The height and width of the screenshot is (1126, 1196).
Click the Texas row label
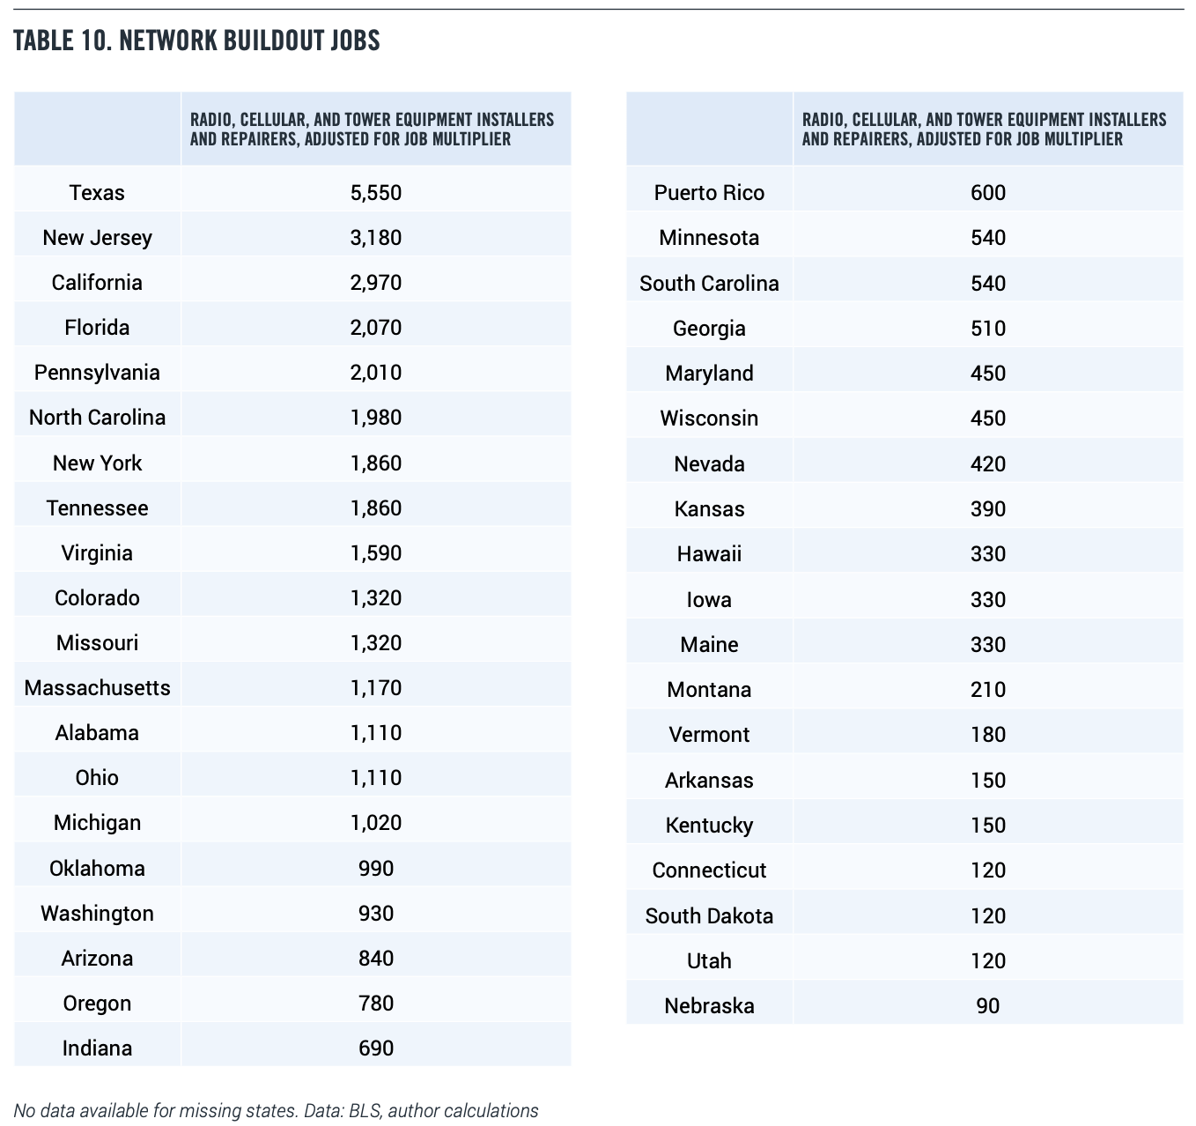coord(97,193)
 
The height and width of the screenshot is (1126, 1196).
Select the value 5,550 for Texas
coord(376,193)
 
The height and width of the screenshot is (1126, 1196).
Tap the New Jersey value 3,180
coord(376,237)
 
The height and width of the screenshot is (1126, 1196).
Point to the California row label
coord(97,283)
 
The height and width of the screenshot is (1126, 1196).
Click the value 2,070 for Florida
coord(376,328)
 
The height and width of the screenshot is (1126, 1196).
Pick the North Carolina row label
coord(97,418)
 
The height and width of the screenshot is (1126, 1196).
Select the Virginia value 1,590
coord(376,553)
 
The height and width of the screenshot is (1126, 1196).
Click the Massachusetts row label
coord(97,688)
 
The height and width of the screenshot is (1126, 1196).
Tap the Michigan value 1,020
coord(376,823)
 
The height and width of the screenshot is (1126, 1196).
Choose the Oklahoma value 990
coord(376,869)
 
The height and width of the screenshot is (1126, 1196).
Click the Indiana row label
coord(97,1048)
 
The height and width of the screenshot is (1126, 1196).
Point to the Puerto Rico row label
coord(710,193)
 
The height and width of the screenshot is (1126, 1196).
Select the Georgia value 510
coord(988,329)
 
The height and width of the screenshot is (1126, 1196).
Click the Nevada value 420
coord(988,464)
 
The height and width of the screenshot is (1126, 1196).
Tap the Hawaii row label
coord(710,553)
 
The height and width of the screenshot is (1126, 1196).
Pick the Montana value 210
coord(988,689)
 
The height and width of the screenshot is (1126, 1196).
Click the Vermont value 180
coord(988,735)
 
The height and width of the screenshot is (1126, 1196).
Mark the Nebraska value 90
coord(988,1005)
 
